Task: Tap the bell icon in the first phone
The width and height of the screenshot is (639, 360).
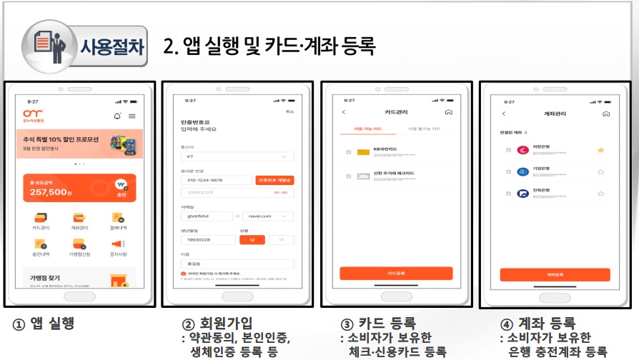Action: [117, 116]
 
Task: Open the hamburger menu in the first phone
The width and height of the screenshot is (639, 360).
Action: [132, 116]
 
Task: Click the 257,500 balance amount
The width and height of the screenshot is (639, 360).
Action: [49, 192]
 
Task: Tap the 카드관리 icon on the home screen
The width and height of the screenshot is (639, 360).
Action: [41, 220]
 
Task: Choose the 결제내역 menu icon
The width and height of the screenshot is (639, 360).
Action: [117, 220]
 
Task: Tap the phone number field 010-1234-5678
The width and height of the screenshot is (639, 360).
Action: [216, 181]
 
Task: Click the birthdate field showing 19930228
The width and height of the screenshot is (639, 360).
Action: [207, 239]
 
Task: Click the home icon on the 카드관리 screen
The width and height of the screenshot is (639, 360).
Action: [448, 112]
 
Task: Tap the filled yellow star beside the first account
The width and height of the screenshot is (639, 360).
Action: [600, 150]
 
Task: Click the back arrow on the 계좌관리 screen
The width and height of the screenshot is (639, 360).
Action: [503, 114]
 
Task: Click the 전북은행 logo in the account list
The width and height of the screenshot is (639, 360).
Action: [523, 193]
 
